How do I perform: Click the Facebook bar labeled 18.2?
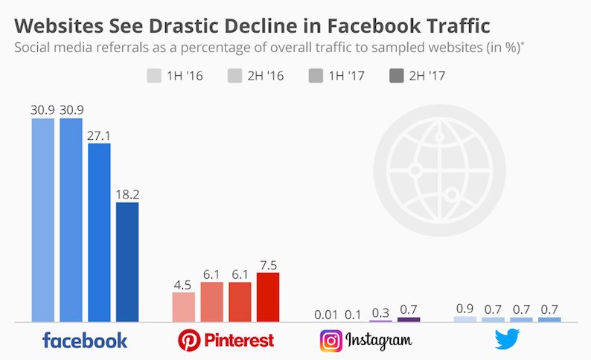127,262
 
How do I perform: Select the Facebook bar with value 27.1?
99,233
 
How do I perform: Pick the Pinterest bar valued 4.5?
183,307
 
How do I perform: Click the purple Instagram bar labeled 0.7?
409,319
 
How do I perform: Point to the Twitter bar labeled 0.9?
464,319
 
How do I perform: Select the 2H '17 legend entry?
418,75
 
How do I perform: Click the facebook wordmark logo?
85,341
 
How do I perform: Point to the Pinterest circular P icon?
189,341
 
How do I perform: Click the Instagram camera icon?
331,341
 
